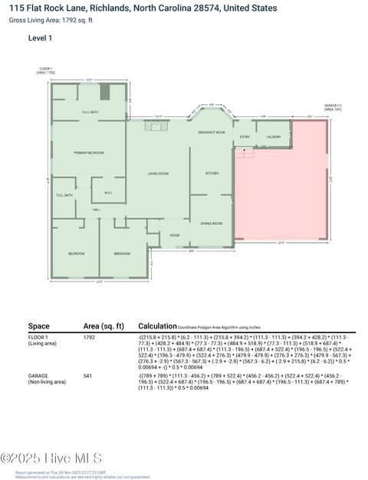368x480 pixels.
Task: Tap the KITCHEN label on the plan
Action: point(212,174)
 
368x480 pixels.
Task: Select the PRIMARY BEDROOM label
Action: point(88,153)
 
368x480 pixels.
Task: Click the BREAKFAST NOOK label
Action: point(212,132)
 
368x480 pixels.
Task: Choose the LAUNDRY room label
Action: point(274,137)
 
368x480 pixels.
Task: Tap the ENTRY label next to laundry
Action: point(245,137)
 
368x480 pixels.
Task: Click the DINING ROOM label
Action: point(212,223)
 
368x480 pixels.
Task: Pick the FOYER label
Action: point(175,234)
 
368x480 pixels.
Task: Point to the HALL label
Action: point(97,209)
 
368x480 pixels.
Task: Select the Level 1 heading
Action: point(41,37)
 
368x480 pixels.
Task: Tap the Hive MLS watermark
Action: point(52,459)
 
